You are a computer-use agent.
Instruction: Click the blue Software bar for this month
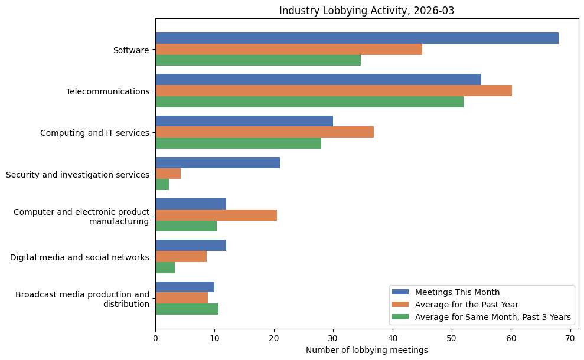(357, 38)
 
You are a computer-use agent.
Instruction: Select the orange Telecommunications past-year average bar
(334, 91)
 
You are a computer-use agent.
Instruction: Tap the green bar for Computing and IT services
(238, 143)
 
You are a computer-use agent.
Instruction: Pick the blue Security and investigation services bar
(217, 163)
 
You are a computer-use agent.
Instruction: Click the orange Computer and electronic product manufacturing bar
(216, 215)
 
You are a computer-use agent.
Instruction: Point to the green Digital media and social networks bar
(165, 268)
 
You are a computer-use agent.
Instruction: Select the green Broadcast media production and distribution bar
(187, 309)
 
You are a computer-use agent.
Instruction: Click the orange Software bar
(289, 50)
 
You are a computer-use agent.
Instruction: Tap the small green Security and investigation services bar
(162, 185)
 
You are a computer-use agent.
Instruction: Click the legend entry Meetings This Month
(457, 292)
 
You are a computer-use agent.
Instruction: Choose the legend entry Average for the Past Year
(466, 305)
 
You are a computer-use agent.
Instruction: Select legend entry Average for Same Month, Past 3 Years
(492, 318)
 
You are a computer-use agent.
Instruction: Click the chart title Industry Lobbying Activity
(367, 11)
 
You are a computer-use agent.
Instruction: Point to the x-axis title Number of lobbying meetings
(367, 351)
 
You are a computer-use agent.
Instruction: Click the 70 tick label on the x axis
(570, 339)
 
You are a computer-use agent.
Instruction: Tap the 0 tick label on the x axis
(155, 339)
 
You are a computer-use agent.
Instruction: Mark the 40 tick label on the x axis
(392, 339)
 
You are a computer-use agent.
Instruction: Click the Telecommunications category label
(107, 91)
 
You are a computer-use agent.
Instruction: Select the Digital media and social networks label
(80, 257)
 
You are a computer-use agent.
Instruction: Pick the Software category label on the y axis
(131, 50)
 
